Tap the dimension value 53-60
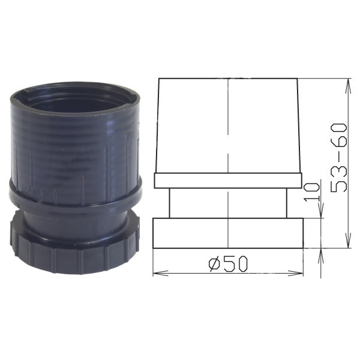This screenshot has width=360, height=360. (x=340, y=157)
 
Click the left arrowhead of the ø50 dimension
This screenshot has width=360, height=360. (x=157, y=273)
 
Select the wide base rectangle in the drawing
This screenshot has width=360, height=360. (x=228, y=233)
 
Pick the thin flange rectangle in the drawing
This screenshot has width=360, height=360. (x=228, y=180)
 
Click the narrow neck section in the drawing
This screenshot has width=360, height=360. (x=228, y=203)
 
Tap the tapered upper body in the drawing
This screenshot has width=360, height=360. (x=228, y=126)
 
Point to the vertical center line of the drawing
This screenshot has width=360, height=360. (x=229, y=150)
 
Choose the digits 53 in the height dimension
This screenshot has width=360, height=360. (x=340, y=179)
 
